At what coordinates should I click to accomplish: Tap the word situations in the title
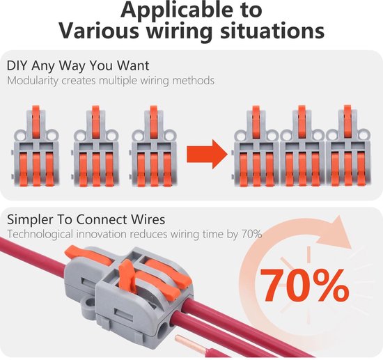(272, 31)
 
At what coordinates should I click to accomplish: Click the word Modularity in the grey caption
(33, 81)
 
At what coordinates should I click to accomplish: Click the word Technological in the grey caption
(40, 234)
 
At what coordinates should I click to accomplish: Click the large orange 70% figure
(304, 285)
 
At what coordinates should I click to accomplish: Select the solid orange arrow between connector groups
(207, 155)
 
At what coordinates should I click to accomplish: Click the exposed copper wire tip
(189, 343)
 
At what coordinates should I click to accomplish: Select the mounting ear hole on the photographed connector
(91, 303)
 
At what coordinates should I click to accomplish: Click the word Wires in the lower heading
(148, 219)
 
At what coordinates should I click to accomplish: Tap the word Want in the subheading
(133, 65)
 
